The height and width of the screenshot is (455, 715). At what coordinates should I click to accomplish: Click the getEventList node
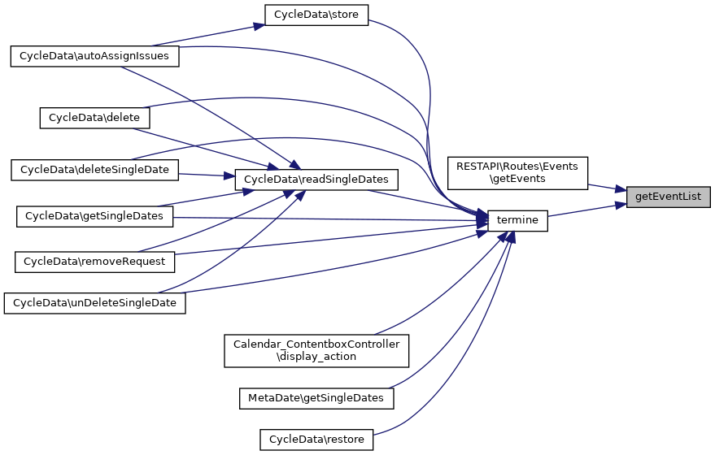click(x=668, y=197)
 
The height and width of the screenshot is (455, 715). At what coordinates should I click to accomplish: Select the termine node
click(x=517, y=220)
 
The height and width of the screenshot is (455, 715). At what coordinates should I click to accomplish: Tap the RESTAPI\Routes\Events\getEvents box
click(x=517, y=172)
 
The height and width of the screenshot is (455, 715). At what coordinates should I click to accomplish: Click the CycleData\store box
click(x=317, y=15)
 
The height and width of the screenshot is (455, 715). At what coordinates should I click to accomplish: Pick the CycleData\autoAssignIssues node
click(x=94, y=56)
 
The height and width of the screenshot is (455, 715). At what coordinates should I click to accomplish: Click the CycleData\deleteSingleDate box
click(x=94, y=169)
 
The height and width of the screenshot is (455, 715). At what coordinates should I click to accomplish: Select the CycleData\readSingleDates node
click(x=316, y=179)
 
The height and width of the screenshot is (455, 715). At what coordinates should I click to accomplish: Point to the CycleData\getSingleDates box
click(x=94, y=216)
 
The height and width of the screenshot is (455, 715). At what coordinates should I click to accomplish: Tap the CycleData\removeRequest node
click(x=94, y=262)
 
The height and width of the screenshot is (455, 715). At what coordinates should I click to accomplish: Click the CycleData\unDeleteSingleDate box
click(x=94, y=303)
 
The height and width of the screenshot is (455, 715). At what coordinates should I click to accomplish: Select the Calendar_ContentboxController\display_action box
click(x=316, y=350)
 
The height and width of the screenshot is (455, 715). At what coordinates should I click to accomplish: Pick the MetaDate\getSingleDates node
click(x=316, y=398)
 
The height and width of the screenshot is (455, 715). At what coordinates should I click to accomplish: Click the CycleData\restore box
click(x=316, y=440)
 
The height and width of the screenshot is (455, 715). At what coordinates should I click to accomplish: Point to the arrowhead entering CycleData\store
click(x=257, y=26)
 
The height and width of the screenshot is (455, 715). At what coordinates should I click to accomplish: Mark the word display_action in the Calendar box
click(x=316, y=357)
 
